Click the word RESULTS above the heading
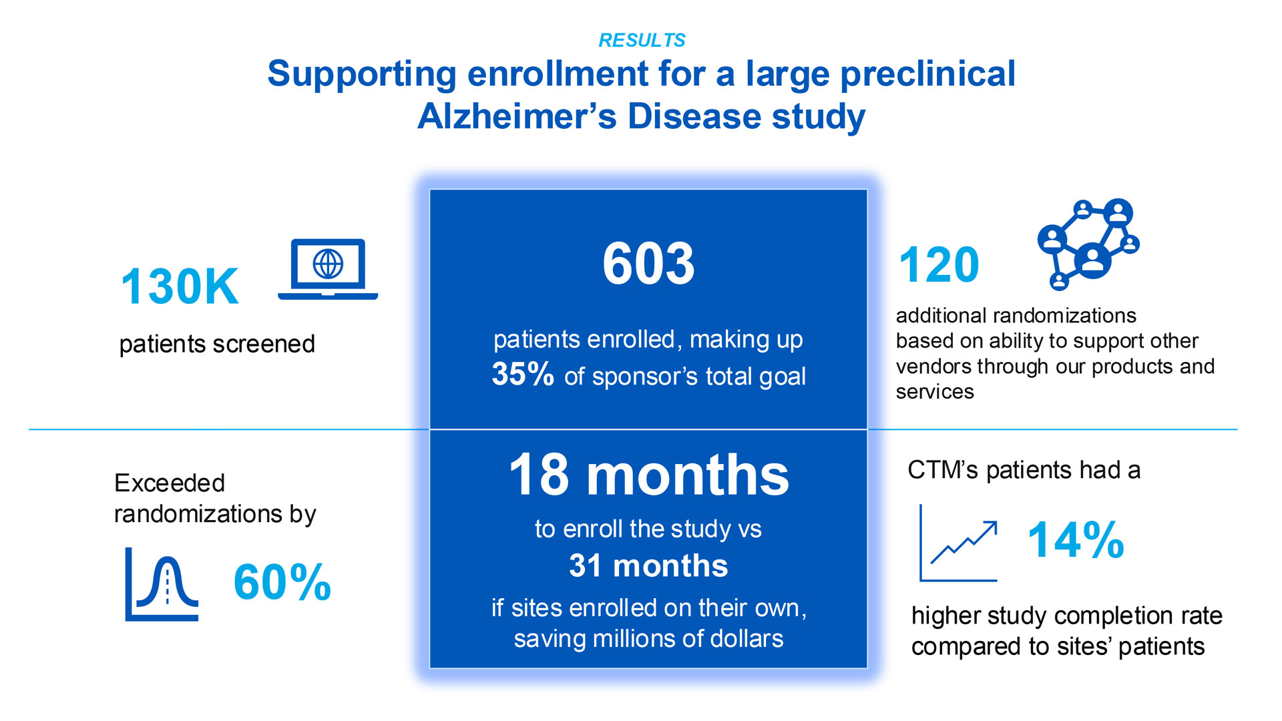(x=642, y=41)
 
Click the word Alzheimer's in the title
(x=517, y=117)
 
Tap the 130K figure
(x=180, y=287)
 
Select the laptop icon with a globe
(x=328, y=268)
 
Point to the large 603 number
(x=648, y=264)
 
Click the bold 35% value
(x=523, y=374)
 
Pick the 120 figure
(x=939, y=265)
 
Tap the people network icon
(x=1088, y=244)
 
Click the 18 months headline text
(x=648, y=475)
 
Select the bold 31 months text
(x=648, y=566)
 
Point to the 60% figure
(x=282, y=582)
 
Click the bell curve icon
(x=162, y=585)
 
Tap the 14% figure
(x=1076, y=540)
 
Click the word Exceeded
(x=170, y=483)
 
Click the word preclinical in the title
(x=927, y=74)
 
